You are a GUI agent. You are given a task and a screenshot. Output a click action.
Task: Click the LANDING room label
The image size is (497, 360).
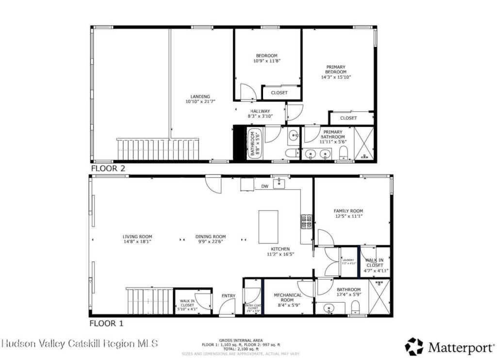(200, 97)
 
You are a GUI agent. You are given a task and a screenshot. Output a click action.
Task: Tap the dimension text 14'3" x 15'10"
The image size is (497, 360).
(335, 77)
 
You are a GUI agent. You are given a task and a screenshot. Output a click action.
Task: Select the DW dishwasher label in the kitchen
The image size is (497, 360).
(265, 187)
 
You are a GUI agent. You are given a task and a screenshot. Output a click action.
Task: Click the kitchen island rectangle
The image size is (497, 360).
(268, 226)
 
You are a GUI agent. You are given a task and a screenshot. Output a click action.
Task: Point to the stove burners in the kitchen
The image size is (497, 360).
(306, 221)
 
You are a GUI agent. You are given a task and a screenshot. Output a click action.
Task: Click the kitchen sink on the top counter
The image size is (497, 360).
(279, 184)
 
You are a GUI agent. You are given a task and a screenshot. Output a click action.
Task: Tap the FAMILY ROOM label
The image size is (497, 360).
(348, 211)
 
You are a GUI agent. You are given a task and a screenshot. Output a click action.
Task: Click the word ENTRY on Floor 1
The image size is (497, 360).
(229, 295)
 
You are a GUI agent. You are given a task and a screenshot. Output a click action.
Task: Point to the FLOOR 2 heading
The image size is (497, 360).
(108, 169)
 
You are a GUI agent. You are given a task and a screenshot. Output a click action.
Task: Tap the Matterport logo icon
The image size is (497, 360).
(414, 346)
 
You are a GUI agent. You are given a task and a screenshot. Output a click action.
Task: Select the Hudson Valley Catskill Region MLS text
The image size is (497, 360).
(80, 343)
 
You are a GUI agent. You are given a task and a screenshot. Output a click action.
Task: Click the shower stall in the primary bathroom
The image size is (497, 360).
(364, 143)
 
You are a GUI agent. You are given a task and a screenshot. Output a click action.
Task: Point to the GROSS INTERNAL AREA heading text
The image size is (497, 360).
(241, 340)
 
